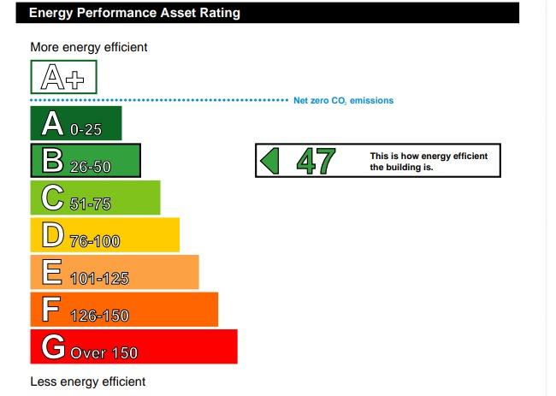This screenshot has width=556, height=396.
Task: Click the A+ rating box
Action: (63, 77)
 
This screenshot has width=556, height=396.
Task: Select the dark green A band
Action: (76, 123)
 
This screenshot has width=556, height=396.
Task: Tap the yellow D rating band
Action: (105, 234)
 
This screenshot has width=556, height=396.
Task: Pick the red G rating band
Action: (134, 346)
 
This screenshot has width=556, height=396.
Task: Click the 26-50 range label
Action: (91, 167)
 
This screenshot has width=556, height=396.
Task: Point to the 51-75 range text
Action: (91, 204)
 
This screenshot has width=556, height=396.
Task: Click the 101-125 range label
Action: (99, 278)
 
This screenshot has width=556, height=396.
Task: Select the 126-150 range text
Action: (99, 316)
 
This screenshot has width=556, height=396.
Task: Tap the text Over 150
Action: (104, 352)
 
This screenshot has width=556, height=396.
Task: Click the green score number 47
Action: (316, 161)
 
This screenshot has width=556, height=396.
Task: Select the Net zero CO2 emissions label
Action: (343, 101)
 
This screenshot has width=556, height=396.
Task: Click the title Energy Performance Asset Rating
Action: (135, 13)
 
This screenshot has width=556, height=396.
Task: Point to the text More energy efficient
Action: (89, 47)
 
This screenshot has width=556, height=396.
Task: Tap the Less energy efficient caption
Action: (88, 381)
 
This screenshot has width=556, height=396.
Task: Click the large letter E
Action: (52, 272)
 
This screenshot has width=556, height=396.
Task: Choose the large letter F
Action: (51, 309)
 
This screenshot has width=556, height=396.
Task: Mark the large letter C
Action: (52, 198)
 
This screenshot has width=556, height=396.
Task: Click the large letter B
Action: (52, 160)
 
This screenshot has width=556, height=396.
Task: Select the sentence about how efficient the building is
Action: (429, 162)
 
